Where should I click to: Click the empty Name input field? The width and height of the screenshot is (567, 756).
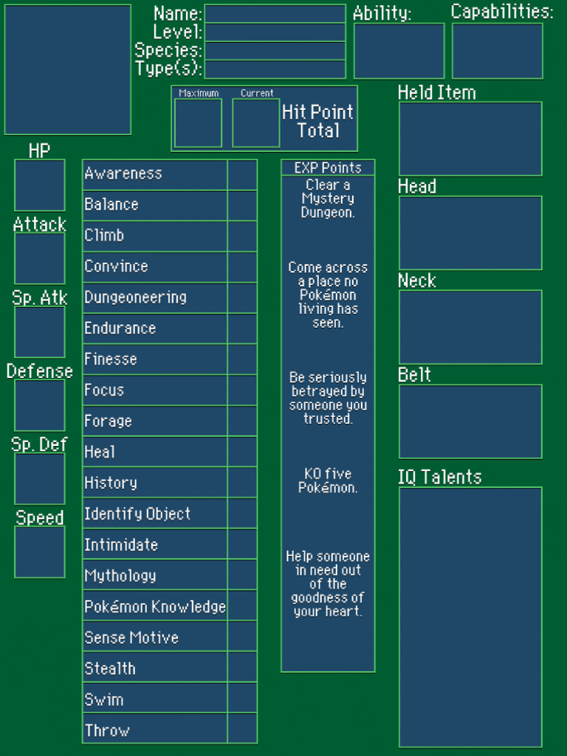coord(275,14)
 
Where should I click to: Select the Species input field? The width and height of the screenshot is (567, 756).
coord(275,51)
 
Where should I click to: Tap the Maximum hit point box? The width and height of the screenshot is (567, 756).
coord(198,123)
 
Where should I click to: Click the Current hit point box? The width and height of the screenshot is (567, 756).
coord(256,123)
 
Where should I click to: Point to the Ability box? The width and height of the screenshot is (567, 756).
coord(399,51)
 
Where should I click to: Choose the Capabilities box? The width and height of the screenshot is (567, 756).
coord(497,51)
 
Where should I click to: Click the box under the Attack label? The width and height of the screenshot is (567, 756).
coord(40,259)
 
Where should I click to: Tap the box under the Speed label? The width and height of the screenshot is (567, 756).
coord(40,552)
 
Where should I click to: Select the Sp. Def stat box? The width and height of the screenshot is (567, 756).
coord(40,479)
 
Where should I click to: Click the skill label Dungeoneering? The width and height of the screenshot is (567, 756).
coord(135,298)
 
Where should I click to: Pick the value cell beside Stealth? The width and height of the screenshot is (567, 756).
coord(242,668)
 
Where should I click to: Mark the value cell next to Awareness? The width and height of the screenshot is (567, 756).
coord(242,174)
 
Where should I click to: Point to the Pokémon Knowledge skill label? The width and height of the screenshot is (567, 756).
coord(155,607)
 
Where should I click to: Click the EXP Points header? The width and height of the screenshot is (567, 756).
coord(328,168)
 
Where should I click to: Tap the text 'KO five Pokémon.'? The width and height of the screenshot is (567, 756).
coord(328,481)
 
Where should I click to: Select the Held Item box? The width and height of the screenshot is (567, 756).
coord(470,139)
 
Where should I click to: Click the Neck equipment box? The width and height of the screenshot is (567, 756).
coord(470,327)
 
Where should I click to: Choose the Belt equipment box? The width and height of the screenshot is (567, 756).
coord(470,422)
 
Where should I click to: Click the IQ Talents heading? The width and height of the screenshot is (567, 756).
coord(439,477)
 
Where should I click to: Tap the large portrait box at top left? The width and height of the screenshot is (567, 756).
coord(68,69)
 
